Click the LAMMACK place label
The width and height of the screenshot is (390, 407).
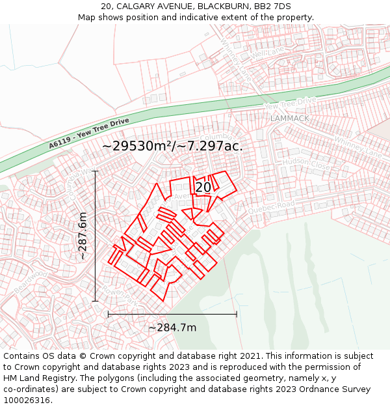(x=290, y=119)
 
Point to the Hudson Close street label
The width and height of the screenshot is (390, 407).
(x=306, y=165)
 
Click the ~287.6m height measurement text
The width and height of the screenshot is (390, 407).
(x=83, y=236)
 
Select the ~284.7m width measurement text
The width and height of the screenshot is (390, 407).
(x=172, y=328)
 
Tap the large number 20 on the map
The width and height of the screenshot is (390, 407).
(x=203, y=187)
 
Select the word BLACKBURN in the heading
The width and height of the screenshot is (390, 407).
(x=222, y=7)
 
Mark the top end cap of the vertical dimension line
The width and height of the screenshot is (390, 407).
(x=96, y=171)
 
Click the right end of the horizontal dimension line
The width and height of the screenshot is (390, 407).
(x=237, y=314)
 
